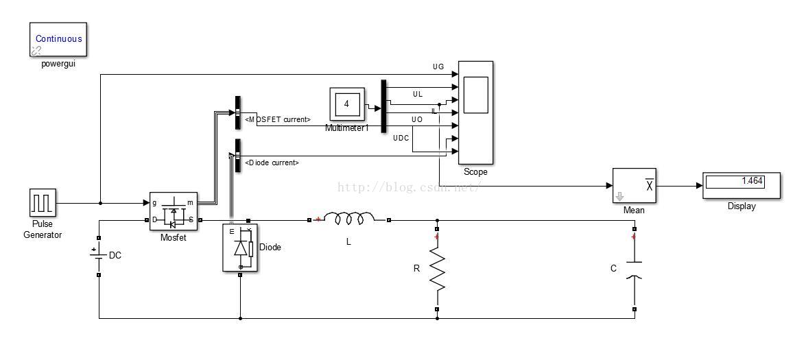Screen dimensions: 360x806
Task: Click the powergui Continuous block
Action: pyautogui.click(x=58, y=39)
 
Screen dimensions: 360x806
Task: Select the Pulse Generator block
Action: pyautogui.click(x=43, y=203)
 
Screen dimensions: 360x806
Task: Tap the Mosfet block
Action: pyautogui.click(x=174, y=212)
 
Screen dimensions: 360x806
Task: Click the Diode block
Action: pyautogui.click(x=240, y=247)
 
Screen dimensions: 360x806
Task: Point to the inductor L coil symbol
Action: pyautogui.click(x=349, y=219)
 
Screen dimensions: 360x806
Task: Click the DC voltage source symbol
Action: pyautogui.click(x=99, y=255)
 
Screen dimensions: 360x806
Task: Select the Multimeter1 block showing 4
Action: pyautogui.click(x=347, y=104)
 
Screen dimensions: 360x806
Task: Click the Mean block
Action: pyautogui.click(x=634, y=186)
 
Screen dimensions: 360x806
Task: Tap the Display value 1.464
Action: pyautogui.click(x=741, y=182)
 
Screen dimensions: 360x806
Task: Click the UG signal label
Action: pyautogui.click(x=438, y=67)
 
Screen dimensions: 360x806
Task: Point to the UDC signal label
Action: pyautogui.click(x=401, y=139)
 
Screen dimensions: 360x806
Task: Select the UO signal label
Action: pyautogui.click(x=417, y=120)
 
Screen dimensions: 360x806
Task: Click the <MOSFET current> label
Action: pyautogui.click(x=278, y=120)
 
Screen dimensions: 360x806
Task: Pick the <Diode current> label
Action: pyautogui.click(x=272, y=163)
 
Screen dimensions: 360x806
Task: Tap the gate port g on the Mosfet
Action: pyautogui.click(x=154, y=203)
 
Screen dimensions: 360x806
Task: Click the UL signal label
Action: pyautogui.click(x=418, y=94)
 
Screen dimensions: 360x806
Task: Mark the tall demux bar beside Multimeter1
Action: pyautogui.click(x=383, y=106)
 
